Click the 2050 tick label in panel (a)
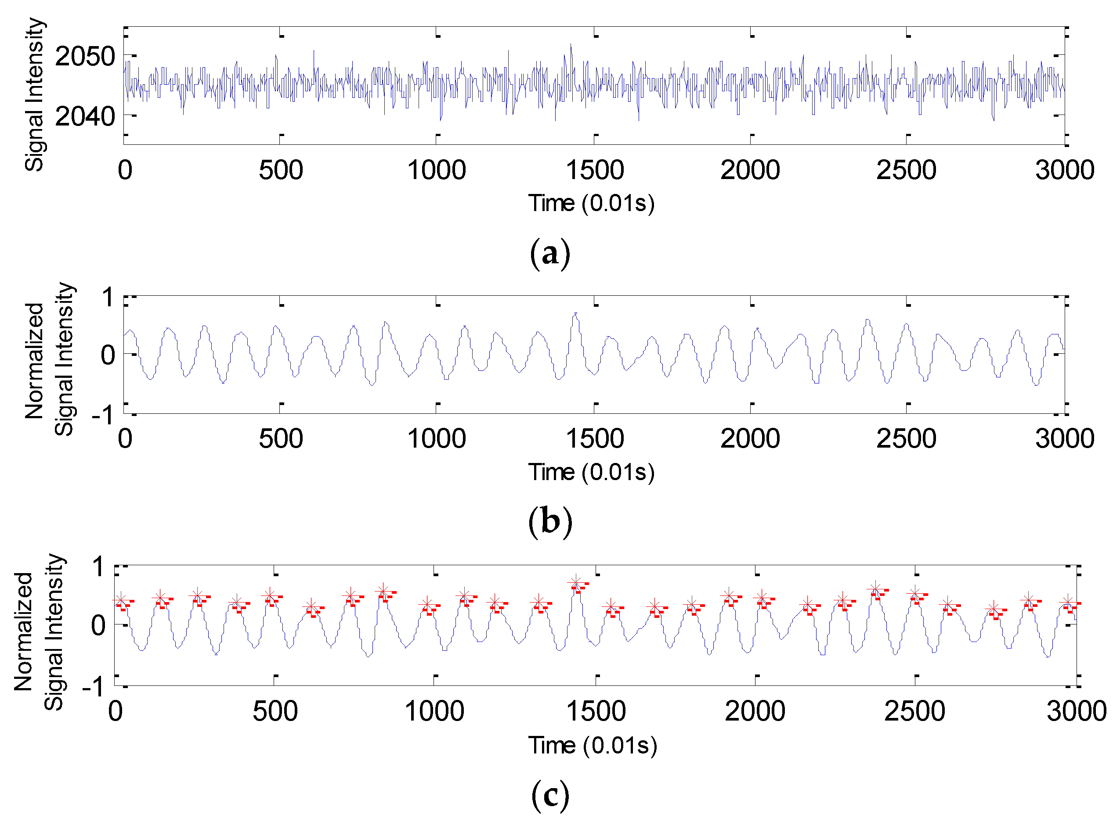[85, 57]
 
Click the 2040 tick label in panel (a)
[85, 116]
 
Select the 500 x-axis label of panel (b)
[281, 438]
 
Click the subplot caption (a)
[550, 253]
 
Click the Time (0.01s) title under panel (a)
[591, 203]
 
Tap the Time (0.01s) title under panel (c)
[592, 746]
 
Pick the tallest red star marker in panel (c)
[575, 582]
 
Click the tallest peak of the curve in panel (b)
[576, 314]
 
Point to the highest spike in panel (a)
[571, 45]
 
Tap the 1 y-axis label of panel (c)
[98, 567]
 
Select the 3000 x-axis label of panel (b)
[1065, 438]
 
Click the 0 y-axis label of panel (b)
[108, 355]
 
